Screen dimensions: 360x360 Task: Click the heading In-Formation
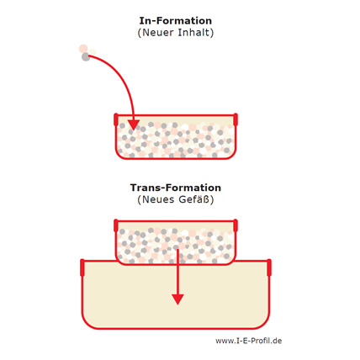click(176, 21)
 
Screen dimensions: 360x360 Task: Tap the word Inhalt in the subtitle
click(193, 33)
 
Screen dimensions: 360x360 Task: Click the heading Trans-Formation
click(176, 188)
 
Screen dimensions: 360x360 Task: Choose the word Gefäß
click(194, 199)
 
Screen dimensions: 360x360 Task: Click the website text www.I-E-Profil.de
click(249, 341)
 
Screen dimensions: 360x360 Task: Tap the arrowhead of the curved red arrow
click(134, 124)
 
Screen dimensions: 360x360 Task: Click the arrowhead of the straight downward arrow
click(177, 299)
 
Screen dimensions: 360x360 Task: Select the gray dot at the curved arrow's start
click(86, 57)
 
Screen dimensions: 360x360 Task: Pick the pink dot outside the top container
click(83, 49)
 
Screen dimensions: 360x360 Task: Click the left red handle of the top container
click(116, 119)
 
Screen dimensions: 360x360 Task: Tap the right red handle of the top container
click(236, 119)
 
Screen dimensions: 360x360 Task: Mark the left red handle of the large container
click(82, 267)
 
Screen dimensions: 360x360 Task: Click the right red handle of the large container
click(269, 267)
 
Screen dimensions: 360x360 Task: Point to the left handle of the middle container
click(116, 225)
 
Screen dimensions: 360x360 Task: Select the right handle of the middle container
click(236, 225)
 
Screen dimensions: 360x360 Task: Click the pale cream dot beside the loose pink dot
click(93, 52)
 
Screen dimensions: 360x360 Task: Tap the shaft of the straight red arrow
click(177, 272)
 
